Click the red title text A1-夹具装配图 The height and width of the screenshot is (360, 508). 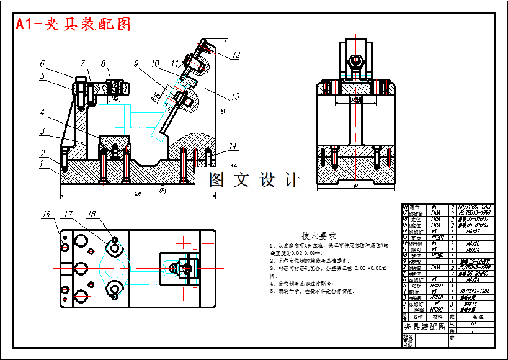point(73,24)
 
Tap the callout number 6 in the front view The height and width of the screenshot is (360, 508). point(42,63)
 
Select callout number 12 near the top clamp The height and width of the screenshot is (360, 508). point(236,55)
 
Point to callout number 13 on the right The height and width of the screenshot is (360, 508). point(234,96)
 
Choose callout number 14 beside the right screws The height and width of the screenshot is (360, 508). point(233,146)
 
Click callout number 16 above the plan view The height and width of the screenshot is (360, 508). point(47,215)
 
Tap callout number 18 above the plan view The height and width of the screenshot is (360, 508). point(92,215)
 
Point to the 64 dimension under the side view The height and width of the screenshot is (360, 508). point(357,186)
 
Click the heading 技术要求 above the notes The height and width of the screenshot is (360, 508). point(319,236)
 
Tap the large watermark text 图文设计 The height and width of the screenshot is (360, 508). point(254,180)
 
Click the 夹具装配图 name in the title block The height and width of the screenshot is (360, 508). point(425,326)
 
